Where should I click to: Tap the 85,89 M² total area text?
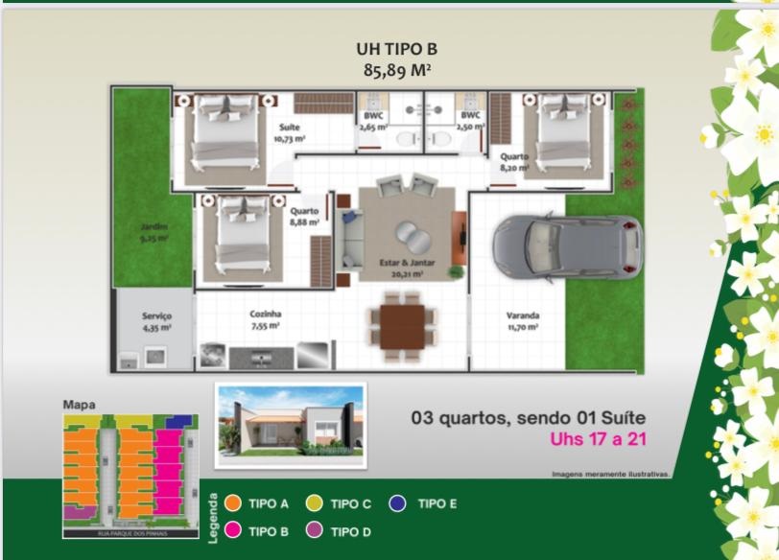click(x=388, y=69)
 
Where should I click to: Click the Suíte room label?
click(x=289, y=128)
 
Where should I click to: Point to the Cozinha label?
click(x=265, y=314)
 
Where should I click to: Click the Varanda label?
click(x=523, y=315)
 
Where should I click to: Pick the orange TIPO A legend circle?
click(x=231, y=503)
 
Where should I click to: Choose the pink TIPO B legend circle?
click(x=231, y=530)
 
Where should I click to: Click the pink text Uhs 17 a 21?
click(x=602, y=441)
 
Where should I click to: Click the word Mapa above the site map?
click(x=79, y=405)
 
